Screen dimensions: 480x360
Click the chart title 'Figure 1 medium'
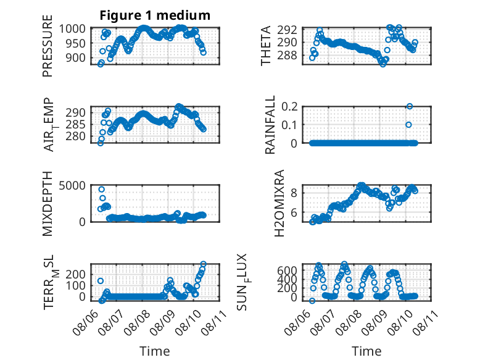tap(155, 15)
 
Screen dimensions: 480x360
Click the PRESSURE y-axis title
tap(48, 46)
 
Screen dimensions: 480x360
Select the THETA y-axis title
tap(266, 46)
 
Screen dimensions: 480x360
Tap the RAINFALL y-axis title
tap(270, 124)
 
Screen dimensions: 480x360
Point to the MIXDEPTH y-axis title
tap(48, 203)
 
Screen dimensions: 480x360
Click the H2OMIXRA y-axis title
tap(279, 203)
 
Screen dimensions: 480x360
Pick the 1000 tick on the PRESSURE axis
tap(72, 29)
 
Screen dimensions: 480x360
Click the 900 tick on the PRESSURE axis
tap(76, 57)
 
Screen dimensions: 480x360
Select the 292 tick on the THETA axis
tap(287, 30)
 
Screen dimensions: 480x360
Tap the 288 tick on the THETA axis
tap(287, 56)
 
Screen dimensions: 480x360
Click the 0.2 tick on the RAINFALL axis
tap(289, 107)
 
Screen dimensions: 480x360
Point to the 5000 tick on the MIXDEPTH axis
tap(72, 185)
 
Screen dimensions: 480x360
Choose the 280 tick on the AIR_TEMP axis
tap(76, 136)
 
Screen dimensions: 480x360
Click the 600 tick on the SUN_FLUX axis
tap(287, 270)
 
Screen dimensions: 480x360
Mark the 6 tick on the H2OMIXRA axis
tap(294, 212)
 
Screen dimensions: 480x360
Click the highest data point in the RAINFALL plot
tap(410, 106)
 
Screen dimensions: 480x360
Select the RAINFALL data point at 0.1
tap(408, 125)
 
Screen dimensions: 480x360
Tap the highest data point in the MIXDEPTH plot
tap(102, 190)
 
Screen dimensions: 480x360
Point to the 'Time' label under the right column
tap(366, 351)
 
